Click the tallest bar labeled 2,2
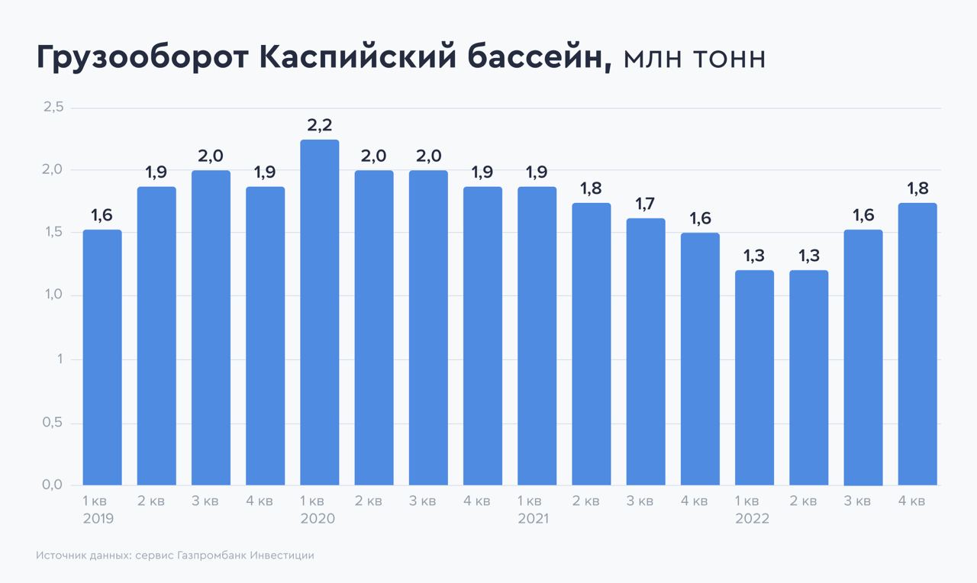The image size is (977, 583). point(320,313)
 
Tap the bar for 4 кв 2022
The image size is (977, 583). point(917,344)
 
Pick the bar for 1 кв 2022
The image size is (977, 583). point(754,378)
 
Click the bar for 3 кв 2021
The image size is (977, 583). point(646,352)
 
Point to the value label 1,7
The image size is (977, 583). point(646,205)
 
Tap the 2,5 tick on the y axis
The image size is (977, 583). point(53,108)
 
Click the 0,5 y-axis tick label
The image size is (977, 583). point(53,423)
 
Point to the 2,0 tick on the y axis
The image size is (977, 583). point(53,170)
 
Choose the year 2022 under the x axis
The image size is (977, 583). point(752,519)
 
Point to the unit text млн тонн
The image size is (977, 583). point(694,60)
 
